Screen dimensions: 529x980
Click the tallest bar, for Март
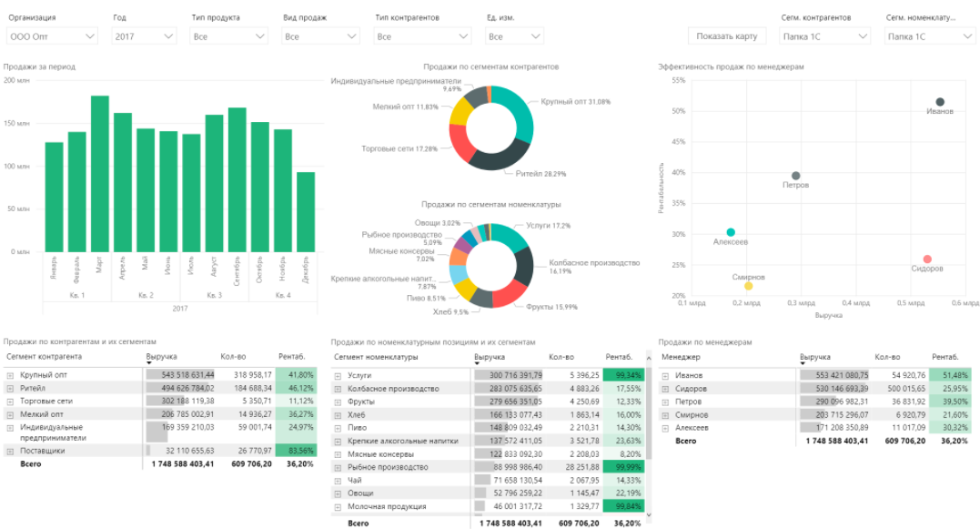100,173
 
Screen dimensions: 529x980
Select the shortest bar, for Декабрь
306,211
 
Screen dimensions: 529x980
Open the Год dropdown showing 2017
144,36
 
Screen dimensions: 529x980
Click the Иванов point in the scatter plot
940,102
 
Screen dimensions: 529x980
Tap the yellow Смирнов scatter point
748,286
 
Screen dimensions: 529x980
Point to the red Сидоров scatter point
927,259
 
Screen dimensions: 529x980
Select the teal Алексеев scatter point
730,233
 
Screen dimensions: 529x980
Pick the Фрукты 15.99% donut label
551,306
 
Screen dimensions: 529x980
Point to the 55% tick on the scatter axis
678,80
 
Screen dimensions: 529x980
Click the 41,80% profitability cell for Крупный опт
296,374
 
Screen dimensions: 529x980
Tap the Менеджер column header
681,358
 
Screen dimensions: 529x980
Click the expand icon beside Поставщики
10,450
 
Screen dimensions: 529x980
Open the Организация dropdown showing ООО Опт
52,36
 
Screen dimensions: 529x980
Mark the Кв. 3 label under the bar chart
214,295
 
